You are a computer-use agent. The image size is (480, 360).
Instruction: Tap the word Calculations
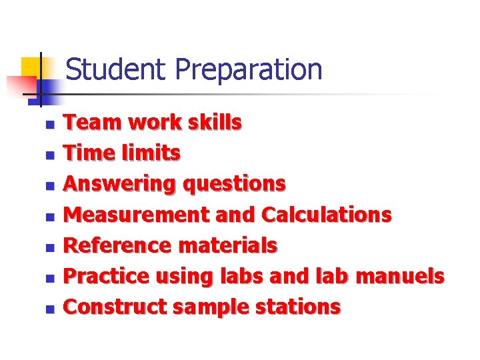click(x=327, y=215)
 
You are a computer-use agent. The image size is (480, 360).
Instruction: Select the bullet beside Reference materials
click(x=49, y=247)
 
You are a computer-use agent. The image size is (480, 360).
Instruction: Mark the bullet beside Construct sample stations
click(x=49, y=309)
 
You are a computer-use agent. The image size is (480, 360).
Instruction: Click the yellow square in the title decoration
click(x=31, y=67)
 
